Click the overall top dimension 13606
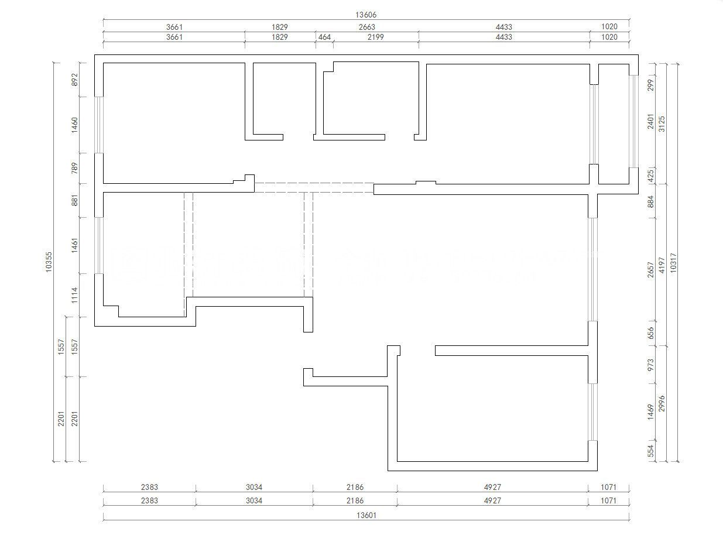coord(366,15)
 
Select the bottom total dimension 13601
coord(366,516)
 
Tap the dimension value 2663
coord(366,27)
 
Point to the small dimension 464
coord(324,37)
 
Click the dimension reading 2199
coord(375,37)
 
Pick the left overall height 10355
coord(49,262)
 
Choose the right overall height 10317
coord(673,263)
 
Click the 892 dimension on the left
coord(75,80)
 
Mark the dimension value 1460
coord(75,125)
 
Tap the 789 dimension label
coord(75,168)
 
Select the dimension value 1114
coord(75,295)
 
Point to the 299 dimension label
coord(650,85)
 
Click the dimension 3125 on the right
coord(662,124)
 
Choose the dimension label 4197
coord(662,265)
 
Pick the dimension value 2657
coord(650,270)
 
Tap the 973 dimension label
coord(650,365)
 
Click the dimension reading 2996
coord(662,404)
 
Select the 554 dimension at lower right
coord(650,451)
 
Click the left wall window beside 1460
coord(99,125)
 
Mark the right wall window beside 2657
coord(592,270)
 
